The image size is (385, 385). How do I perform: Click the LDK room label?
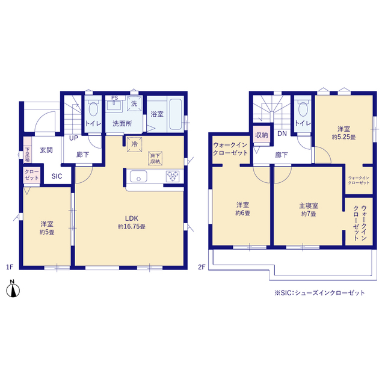[132, 218]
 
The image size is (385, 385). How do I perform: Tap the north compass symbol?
[13, 289]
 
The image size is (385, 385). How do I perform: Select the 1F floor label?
[10, 267]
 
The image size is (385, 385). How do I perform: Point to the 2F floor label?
[202, 267]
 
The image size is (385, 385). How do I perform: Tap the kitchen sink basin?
[138, 176]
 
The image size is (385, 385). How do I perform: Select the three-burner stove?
[173, 176]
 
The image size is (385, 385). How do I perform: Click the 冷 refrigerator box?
[134, 144]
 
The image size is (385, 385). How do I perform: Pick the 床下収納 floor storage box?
[155, 159]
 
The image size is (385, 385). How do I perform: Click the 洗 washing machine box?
[134, 103]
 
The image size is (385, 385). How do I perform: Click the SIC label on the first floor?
[57, 176]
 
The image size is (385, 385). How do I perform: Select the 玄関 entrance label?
[46, 150]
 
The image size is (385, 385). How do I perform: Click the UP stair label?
[73, 138]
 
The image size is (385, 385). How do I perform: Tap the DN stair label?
[282, 134]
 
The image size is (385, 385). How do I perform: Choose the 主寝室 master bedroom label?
[309, 205]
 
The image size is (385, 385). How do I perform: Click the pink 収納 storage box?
[262, 135]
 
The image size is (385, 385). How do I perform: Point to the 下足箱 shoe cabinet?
[27, 150]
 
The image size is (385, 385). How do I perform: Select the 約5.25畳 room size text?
[343, 137]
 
